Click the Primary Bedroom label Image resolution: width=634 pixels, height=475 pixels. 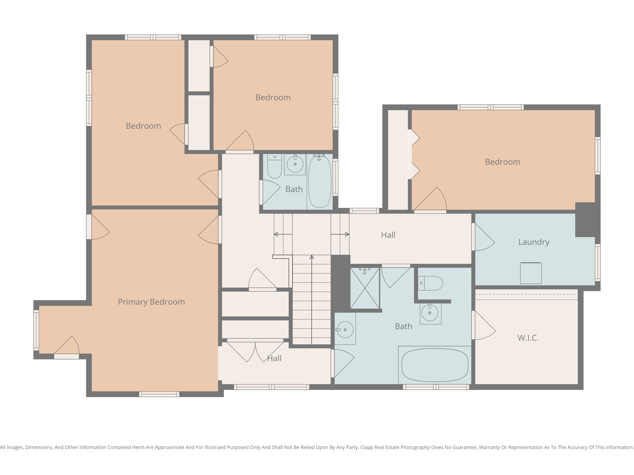pos(151,302)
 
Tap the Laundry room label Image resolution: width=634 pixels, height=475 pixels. pos(534,242)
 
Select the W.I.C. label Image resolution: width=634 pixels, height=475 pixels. pos(528,338)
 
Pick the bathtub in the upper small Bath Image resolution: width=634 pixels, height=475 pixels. pos(320,182)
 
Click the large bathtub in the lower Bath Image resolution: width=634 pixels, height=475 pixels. pos(435,365)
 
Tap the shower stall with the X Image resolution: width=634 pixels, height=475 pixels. pos(365,288)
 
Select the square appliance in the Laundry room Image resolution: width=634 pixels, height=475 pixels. pos(531,273)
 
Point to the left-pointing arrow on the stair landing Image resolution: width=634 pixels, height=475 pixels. pos(276,234)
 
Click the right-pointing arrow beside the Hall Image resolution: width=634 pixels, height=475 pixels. pos(347,234)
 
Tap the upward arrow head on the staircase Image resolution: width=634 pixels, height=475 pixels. pos(312,257)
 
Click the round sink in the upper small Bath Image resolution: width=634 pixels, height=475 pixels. pos(295,164)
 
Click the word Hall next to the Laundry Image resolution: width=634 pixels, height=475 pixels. pos(388,235)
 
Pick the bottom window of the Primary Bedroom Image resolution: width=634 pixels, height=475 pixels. pos(159,394)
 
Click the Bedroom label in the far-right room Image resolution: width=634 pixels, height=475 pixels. pos(502,162)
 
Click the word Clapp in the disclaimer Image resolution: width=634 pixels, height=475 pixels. pos(367,447)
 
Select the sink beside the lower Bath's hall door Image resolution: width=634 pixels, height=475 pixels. pos(345,330)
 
